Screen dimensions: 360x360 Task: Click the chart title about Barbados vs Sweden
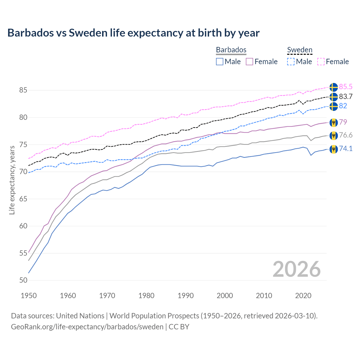[x=133, y=33]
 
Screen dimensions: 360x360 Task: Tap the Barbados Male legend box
[x=220, y=62]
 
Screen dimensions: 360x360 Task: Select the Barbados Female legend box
[x=249, y=62]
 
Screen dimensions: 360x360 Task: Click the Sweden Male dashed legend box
[x=291, y=62]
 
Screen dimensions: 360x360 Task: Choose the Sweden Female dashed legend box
[x=321, y=62]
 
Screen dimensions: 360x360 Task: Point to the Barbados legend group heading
[x=231, y=50]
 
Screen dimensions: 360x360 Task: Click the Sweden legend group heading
[x=300, y=50]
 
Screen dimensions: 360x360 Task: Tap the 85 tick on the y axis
[x=23, y=90]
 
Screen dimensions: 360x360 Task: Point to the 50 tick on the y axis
[x=23, y=280]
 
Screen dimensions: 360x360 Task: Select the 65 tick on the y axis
[x=23, y=199]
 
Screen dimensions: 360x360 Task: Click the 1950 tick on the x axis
[x=29, y=296]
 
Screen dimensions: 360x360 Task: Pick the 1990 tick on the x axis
[x=186, y=296]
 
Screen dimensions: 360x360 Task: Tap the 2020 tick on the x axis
[x=303, y=296]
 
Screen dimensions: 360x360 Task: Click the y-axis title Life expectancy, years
[x=12, y=180]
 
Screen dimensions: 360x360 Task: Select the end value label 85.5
[x=346, y=87]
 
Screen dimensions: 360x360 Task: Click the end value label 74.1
[x=346, y=149]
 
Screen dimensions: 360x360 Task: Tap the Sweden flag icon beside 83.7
[x=334, y=97]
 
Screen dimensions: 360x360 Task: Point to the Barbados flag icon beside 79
[x=334, y=122]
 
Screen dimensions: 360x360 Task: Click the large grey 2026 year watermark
[x=297, y=269]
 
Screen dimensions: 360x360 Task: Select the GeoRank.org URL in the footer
[x=87, y=327]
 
